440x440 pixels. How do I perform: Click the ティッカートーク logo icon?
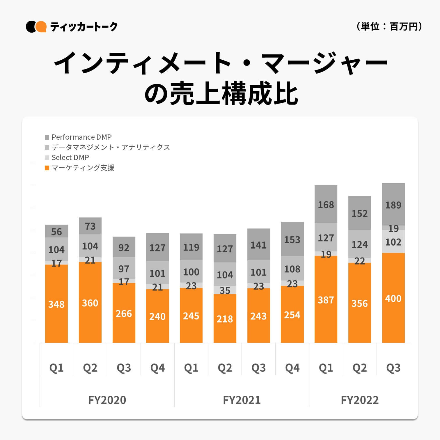[36, 27]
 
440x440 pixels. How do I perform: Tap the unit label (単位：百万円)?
[389, 26]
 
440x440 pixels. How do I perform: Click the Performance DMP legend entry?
[78, 137]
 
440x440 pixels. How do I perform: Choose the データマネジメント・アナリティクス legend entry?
[107, 147]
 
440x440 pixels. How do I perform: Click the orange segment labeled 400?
[393, 298]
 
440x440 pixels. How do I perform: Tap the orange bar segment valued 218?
[225, 319]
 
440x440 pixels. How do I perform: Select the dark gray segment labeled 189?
[393, 205]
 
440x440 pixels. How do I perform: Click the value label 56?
[56, 232]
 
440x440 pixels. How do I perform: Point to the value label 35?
[225, 290]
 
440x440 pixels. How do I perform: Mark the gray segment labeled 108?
[292, 269]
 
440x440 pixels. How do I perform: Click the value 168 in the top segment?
[326, 205]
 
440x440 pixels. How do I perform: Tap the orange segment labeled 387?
[326, 299]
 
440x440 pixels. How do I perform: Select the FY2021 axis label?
[242, 400]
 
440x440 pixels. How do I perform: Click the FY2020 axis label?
[107, 400]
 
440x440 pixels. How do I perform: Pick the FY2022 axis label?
[359, 400]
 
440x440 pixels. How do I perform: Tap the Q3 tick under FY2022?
[393, 368]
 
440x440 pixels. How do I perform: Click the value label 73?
[90, 226]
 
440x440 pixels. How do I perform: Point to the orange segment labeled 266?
[124, 313]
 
